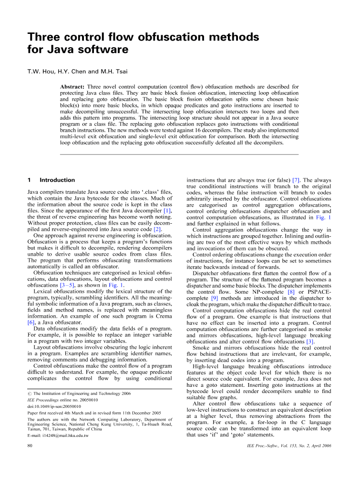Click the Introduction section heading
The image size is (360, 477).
tap(57, 180)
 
